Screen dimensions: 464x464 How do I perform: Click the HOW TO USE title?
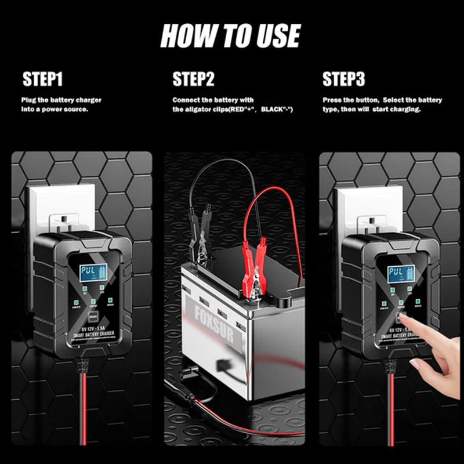(x=230, y=36)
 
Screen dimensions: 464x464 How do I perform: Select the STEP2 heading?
(x=193, y=79)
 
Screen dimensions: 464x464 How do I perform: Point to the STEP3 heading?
(x=343, y=79)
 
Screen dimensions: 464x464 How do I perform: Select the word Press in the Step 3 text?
(x=332, y=100)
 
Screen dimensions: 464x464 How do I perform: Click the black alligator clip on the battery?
(x=200, y=244)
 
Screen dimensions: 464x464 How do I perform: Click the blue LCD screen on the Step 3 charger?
(x=397, y=273)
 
